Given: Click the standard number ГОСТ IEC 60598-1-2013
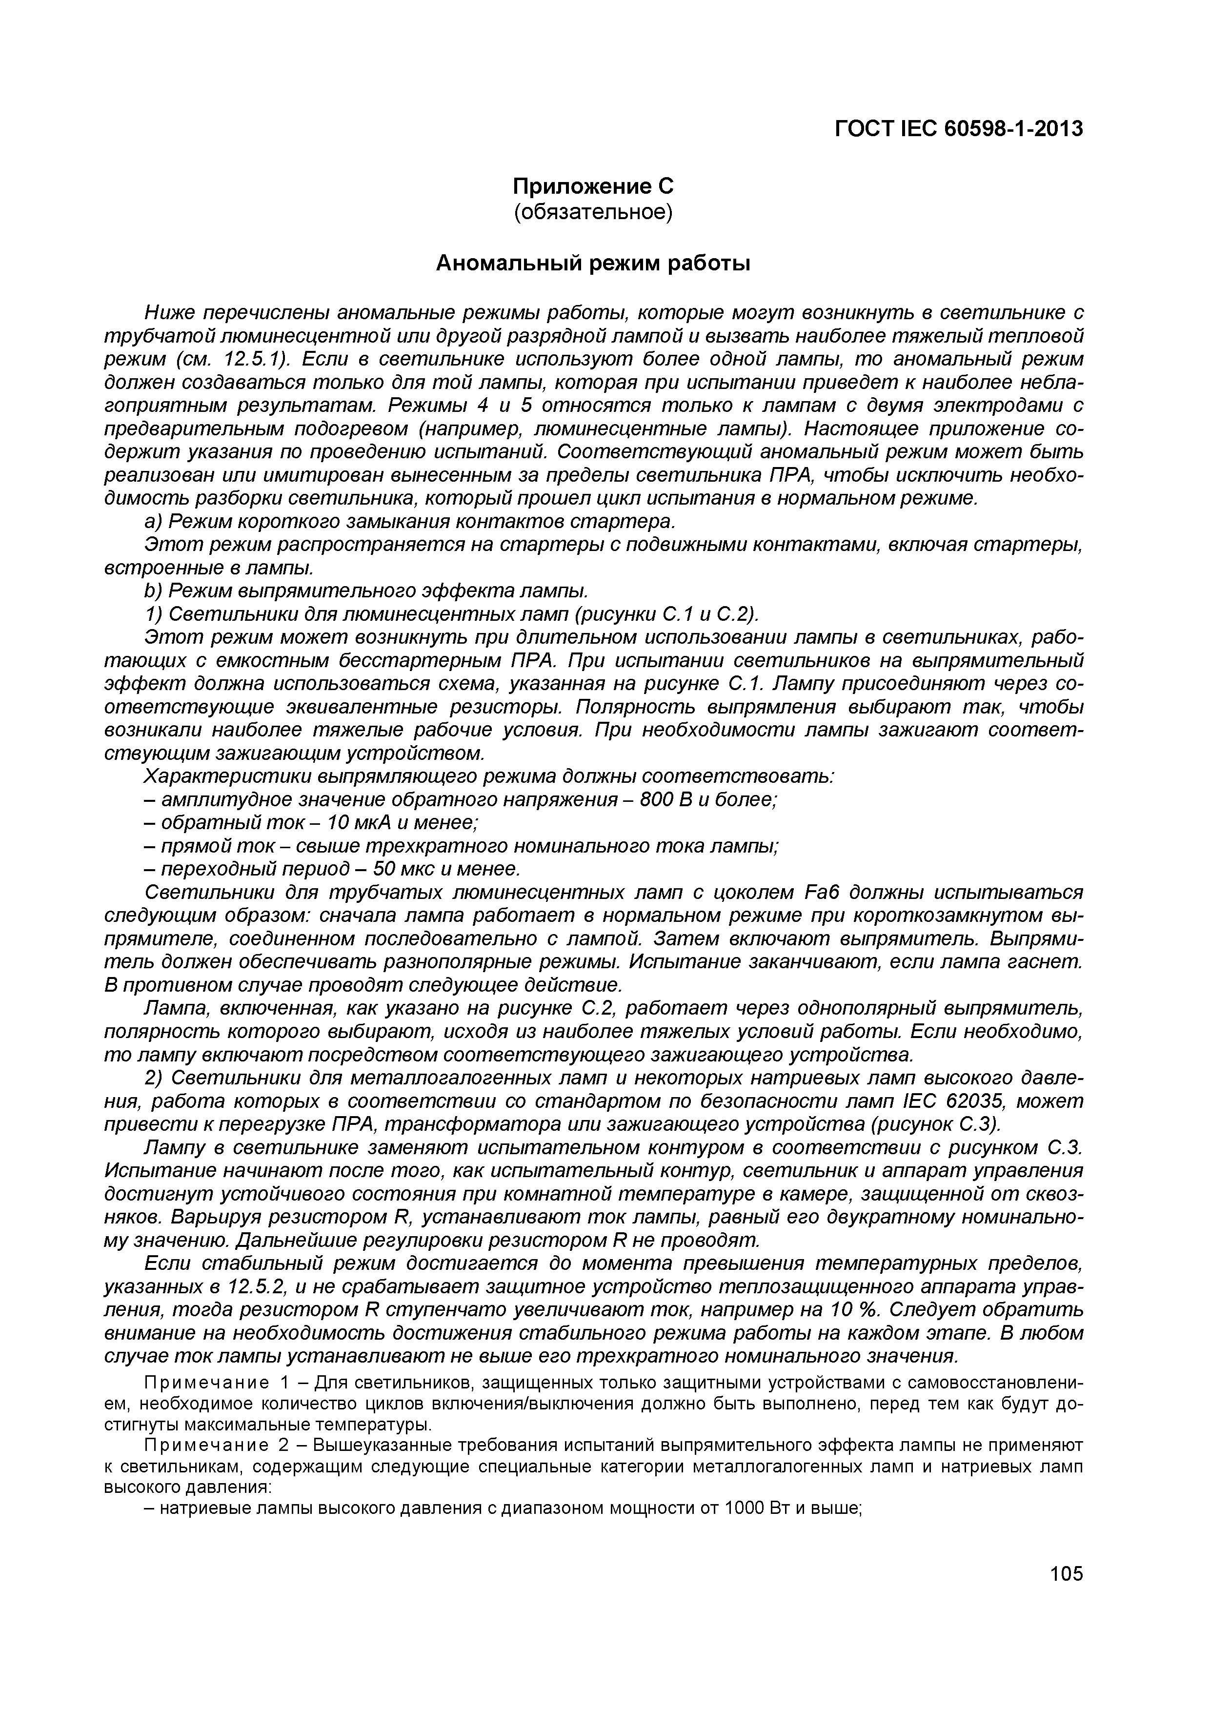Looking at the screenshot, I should [x=958, y=129].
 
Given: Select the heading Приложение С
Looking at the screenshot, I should [x=593, y=185].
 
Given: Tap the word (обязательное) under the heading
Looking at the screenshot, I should [x=593, y=212].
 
